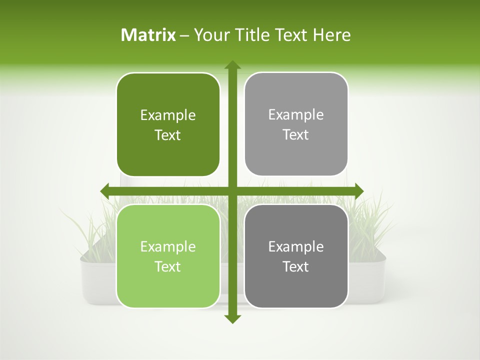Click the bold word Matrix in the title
148,35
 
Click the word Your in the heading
209,35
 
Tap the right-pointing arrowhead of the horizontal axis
359,190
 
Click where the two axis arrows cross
232,190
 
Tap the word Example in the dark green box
168,115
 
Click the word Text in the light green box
168,266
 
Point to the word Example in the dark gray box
296,246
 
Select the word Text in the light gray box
296,135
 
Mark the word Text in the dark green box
168,135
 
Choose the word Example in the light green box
168,246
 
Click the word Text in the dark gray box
296,266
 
